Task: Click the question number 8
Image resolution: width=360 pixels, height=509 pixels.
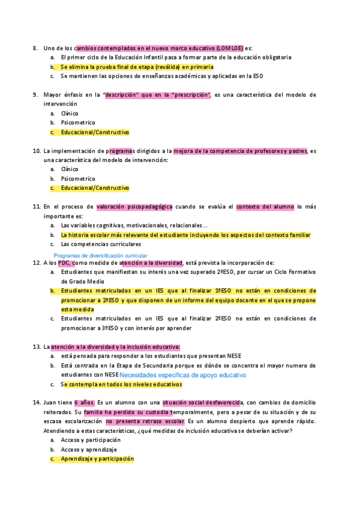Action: tap(35, 47)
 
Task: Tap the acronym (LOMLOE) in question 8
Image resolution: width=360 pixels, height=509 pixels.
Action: tap(229, 47)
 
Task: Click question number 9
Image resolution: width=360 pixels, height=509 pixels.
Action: tap(35, 94)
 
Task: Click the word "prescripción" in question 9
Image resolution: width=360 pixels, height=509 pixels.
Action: tap(191, 94)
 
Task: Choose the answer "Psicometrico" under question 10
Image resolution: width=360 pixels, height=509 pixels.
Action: tap(78, 178)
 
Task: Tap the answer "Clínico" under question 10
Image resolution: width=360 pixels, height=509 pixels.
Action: tap(70, 169)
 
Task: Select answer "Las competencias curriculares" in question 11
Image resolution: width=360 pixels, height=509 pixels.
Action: tap(101, 244)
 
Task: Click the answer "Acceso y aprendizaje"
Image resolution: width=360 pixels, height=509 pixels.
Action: tap(89, 449)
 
